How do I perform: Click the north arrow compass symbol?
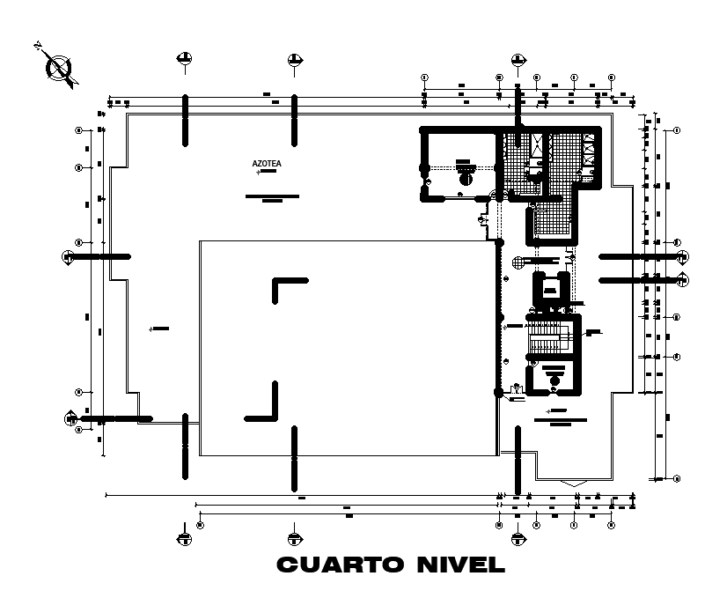(x=59, y=66)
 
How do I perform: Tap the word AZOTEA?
(x=266, y=164)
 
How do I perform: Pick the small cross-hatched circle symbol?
(x=518, y=261)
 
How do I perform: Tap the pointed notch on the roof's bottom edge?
(x=573, y=483)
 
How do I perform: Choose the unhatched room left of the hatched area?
(x=460, y=166)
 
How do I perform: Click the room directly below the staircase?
(x=552, y=376)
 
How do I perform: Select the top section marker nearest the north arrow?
(x=184, y=59)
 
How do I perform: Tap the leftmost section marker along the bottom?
(x=184, y=537)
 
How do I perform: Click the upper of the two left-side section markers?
(x=69, y=256)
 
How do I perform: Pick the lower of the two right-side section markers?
(x=684, y=280)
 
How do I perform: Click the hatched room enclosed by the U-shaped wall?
(x=554, y=221)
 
